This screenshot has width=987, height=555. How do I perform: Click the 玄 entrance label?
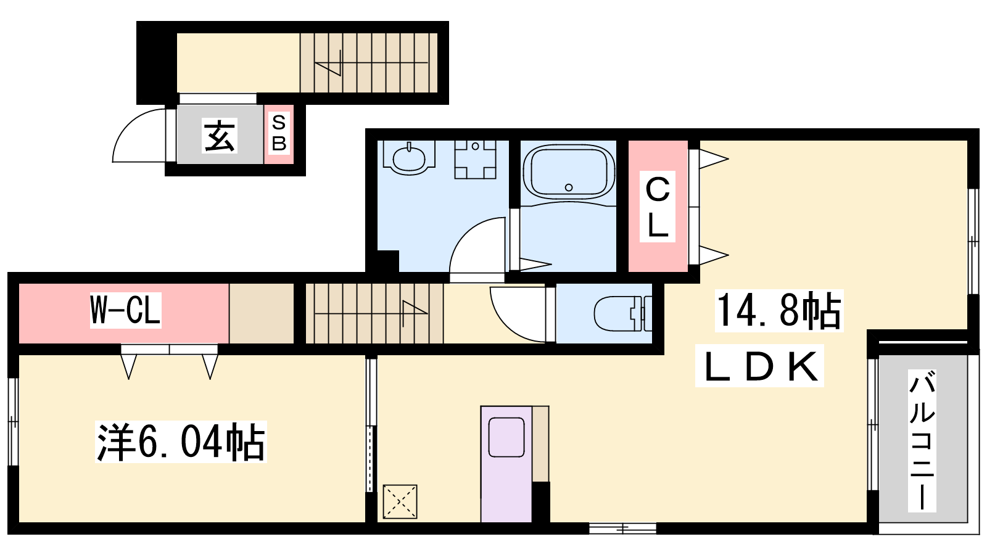click(x=220, y=136)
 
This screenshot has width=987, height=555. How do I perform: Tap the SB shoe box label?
click(x=279, y=133)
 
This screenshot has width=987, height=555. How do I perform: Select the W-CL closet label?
click(x=125, y=310)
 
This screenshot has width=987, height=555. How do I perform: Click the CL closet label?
click(x=658, y=207)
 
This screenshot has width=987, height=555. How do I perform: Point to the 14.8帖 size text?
click(x=778, y=311)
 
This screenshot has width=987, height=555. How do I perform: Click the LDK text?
click(x=759, y=366)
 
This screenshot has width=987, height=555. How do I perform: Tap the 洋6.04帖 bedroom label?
click(x=181, y=442)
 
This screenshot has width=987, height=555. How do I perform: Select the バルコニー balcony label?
click(x=922, y=440)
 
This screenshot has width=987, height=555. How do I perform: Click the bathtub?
click(x=568, y=173)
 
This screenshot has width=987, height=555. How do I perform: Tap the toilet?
click(x=622, y=314)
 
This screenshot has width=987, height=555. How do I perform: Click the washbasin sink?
click(x=409, y=157)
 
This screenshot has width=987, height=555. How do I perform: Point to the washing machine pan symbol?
click(x=475, y=160)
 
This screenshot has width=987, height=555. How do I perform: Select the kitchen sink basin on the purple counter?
click(x=506, y=437)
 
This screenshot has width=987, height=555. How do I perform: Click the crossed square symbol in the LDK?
click(x=400, y=501)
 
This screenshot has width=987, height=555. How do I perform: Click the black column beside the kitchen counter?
click(x=540, y=502)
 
